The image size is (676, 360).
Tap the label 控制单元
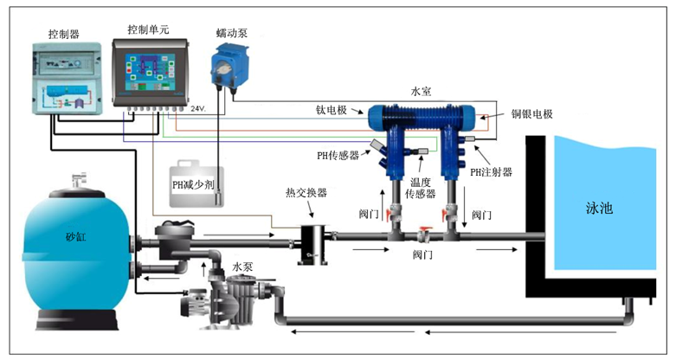pos(147,29)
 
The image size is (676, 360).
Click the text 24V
pos(198,108)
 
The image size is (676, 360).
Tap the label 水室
pos(422,90)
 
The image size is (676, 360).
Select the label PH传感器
pos(338,155)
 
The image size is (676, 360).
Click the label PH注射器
pos(491,171)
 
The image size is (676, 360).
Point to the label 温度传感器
pos(420,189)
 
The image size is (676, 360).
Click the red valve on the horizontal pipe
pos(423,234)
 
